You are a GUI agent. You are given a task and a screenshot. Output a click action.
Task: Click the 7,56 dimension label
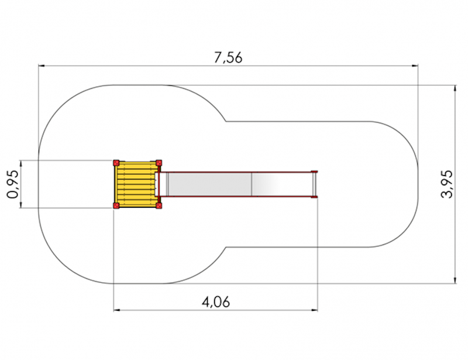click(228, 57)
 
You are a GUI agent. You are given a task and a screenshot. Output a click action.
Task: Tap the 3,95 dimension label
click(447, 184)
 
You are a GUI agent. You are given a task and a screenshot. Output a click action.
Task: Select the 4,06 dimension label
click(216, 302)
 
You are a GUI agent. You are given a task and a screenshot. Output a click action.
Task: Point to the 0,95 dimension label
click(12, 184)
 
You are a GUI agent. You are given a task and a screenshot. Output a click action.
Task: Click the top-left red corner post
click(116, 163)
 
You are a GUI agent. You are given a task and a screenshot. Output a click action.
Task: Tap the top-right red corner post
click(159, 163)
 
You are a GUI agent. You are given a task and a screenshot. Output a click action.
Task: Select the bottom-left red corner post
click(116, 205)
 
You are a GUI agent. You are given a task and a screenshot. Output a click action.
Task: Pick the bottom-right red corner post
click(159, 205)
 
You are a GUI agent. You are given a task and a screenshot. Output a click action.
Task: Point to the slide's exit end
click(314, 184)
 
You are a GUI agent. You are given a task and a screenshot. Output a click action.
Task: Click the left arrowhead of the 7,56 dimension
click(42, 66)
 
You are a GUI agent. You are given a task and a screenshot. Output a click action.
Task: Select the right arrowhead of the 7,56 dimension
click(415, 66)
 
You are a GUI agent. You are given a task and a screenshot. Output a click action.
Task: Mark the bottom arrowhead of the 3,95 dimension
click(455, 280)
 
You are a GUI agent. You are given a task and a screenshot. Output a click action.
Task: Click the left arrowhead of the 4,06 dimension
click(117, 310)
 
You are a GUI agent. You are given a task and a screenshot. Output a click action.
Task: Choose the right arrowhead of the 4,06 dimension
click(314, 310)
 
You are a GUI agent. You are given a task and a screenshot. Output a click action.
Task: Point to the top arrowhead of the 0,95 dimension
click(21, 164)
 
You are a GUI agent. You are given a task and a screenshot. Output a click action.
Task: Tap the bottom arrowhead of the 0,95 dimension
click(21, 204)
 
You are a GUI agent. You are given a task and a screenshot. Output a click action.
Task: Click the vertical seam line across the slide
click(252, 184)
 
